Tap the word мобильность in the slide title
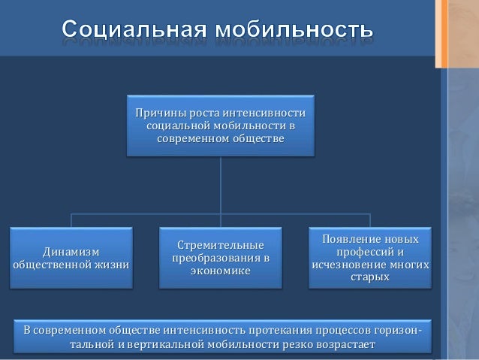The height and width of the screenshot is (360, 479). (294, 31)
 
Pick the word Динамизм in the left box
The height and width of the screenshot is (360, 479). (71, 251)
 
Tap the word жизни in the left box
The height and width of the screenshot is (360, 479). (113, 265)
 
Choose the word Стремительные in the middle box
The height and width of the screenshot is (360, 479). (221, 246)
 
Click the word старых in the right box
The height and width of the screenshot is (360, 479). (370, 277)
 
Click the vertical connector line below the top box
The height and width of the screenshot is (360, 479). (221, 184)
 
